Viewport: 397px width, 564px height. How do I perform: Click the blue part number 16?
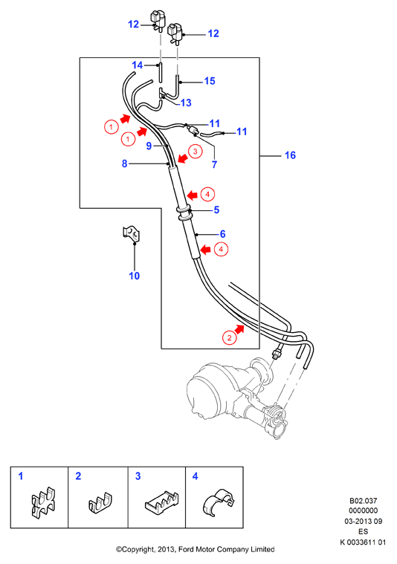point(290,155)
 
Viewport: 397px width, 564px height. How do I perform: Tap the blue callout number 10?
point(135,276)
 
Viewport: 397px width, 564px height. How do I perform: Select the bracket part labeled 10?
point(131,234)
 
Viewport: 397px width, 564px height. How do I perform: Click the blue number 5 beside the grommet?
point(216,210)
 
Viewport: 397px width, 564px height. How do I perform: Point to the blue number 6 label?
point(222,234)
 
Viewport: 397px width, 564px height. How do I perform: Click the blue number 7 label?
point(215,165)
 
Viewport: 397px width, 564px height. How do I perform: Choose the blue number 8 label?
point(125,163)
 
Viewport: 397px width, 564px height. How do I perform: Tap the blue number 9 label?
point(149,146)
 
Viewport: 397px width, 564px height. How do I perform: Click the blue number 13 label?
point(186,103)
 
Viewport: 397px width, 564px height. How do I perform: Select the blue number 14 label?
point(137,65)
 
